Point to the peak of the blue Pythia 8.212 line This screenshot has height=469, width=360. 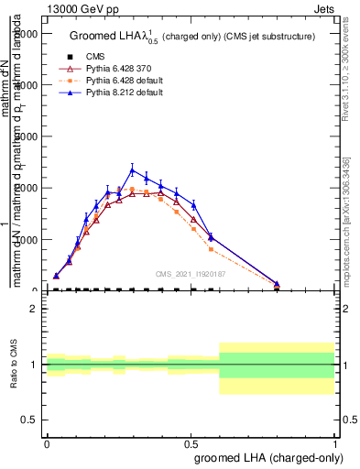132,169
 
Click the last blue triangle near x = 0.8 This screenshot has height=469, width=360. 277,284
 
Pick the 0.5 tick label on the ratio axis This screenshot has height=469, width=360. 30,420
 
